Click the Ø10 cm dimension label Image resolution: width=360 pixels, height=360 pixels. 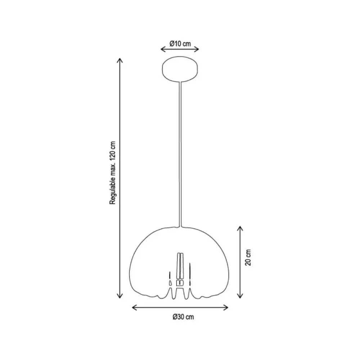point(180,44)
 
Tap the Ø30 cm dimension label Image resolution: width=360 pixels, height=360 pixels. point(183,317)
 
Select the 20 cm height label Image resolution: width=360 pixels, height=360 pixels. point(248,257)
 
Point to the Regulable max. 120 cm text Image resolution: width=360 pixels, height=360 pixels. point(112,173)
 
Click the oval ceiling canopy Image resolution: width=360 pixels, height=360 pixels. point(180,69)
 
